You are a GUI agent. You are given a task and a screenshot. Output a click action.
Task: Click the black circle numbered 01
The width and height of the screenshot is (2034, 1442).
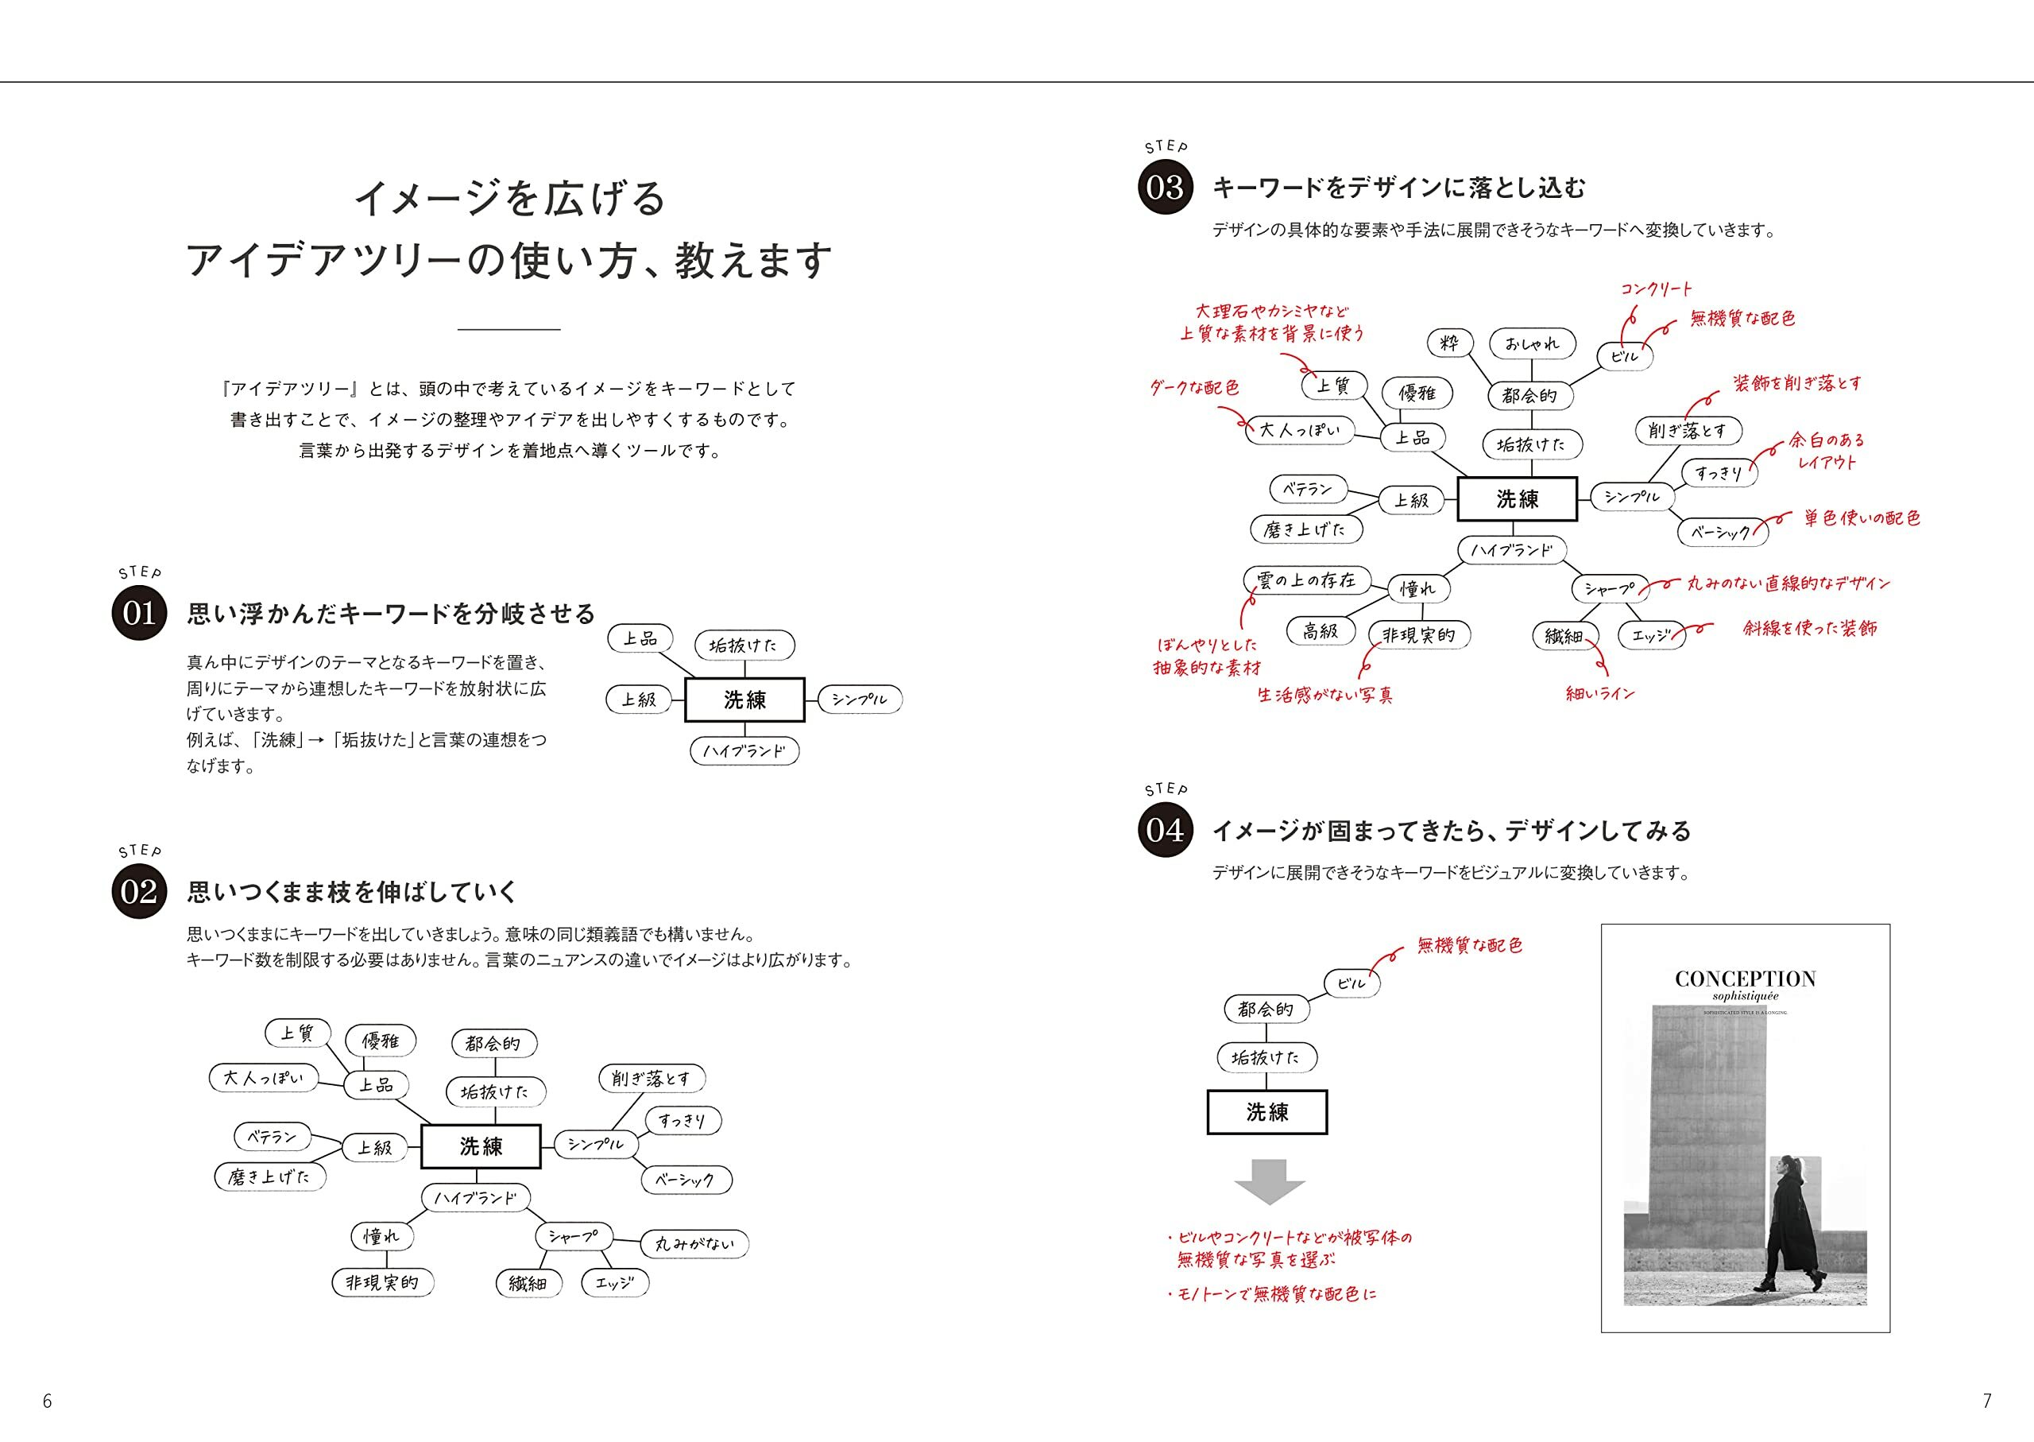(139, 613)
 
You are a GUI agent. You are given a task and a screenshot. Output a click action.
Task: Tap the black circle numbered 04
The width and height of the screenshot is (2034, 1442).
(1164, 830)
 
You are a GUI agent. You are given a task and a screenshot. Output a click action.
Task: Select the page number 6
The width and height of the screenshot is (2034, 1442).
(48, 1401)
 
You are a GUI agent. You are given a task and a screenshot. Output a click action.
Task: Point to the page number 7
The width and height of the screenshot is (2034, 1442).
(1987, 1401)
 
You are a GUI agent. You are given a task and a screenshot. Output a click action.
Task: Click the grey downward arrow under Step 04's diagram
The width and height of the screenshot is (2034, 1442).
(1269, 1181)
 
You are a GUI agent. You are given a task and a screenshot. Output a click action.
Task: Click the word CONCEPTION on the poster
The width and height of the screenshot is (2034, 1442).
(1745, 979)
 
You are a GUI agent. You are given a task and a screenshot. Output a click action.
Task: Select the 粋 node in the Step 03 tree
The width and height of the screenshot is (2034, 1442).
(1450, 343)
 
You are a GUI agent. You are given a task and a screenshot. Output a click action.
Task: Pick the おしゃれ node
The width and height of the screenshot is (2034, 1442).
(1533, 343)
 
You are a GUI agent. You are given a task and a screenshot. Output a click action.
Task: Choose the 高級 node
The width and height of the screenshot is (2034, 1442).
(1321, 631)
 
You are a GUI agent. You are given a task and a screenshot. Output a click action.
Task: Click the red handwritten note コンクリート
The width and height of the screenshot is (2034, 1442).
(1656, 289)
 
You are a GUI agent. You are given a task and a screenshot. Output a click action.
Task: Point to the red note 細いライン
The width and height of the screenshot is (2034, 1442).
(1600, 693)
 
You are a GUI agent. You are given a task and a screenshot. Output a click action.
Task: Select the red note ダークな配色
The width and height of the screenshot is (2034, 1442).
(1194, 387)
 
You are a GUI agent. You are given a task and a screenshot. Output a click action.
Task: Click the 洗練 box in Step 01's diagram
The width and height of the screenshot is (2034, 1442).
(744, 700)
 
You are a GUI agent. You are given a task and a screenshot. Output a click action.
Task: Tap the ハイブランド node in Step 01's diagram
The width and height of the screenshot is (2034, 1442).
(744, 751)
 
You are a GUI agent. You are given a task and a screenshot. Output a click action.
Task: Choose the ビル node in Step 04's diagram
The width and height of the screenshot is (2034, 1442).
(1351, 983)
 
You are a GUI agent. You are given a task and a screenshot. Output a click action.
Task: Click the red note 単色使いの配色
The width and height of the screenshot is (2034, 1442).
(1862, 517)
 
